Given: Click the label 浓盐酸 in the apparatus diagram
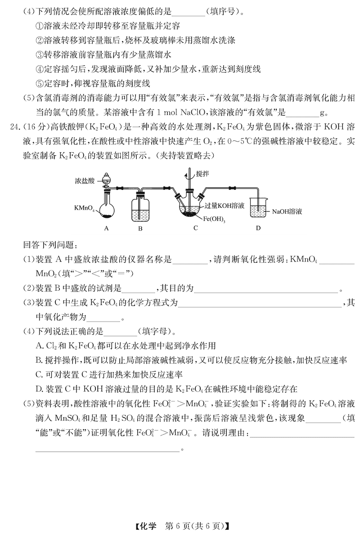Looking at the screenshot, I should (85, 181).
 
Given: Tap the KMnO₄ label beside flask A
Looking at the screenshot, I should (85, 208).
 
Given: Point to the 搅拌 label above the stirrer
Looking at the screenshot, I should (203, 173).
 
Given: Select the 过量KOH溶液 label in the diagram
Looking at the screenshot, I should (225, 205).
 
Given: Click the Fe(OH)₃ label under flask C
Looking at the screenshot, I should (214, 220).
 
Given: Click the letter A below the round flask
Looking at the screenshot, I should (107, 228).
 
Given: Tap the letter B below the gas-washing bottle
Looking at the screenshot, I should (140, 228).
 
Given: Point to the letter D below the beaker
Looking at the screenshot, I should (258, 228).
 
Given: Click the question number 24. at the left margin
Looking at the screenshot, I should (15, 126).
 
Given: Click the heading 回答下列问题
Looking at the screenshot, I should (50, 245).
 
